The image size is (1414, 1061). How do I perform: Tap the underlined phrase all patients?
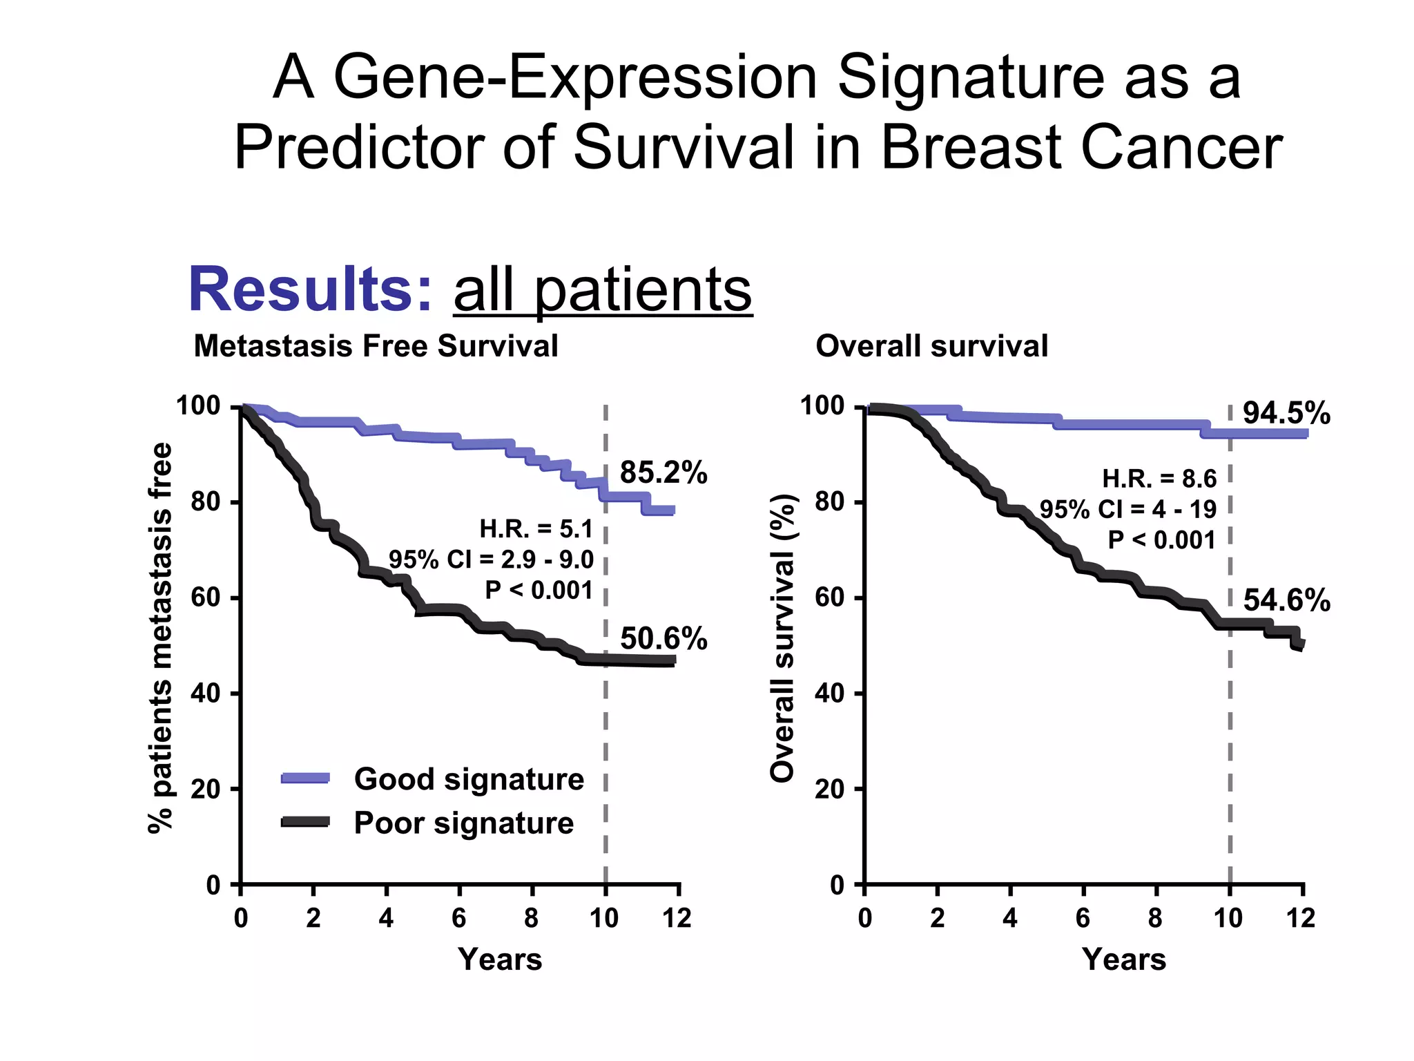pyautogui.click(x=602, y=290)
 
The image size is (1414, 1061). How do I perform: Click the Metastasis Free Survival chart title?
pyautogui.click(x=376, y=346)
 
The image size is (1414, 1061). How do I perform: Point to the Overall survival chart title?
pyautogui.click(x=931, y=346)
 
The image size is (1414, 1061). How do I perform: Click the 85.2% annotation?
pyautogui.click(x=663, y=473)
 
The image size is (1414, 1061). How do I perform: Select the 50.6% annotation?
pyautogui.click(x=663, y=639)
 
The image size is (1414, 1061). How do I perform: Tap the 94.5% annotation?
pyautogui.click(x=1286, y=413)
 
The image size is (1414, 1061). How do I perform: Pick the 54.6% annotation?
pyautogui.click(x=1286, y=600)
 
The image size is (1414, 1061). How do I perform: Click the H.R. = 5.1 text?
pyautogui.click(x=536, y=529)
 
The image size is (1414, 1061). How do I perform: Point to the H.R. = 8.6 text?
pyautogui.click(x=1159, y=479)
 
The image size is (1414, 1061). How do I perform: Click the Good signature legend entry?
pyautogui.click(x=468, y=779)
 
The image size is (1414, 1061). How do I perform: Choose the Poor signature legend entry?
pyautogui.click(x=463, y=823)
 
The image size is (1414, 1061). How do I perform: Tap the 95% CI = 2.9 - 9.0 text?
pyautogui.click(x=491, y=560)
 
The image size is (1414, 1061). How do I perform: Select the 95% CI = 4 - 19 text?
pyautogui.click(x=1128, y=510)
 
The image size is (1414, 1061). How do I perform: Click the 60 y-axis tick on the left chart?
pyautogui.click(x=205, y=598)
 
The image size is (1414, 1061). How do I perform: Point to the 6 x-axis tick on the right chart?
pyautogui.click(x=1083, y=919)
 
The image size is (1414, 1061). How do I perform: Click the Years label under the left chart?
pyautogui.click(x=500, y=959)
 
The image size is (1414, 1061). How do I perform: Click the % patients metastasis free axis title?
pyautogui.click(x=160, y=638)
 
